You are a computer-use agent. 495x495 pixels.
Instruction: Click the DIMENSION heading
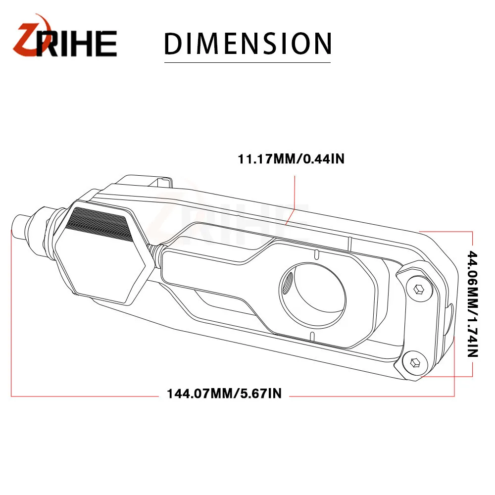(247, 44)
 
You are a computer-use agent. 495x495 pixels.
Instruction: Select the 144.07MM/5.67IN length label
(224, 394)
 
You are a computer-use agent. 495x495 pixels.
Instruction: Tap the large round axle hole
(313, 296)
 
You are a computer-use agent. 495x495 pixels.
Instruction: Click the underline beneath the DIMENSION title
(247, 62)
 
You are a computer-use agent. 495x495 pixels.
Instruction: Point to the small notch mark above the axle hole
(315, 254)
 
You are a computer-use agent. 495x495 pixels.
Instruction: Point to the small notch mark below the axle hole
(311, 337)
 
